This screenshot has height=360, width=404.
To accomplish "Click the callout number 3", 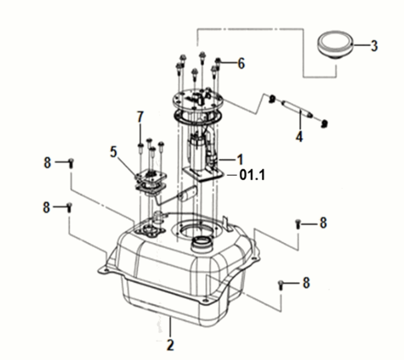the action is point(374,46).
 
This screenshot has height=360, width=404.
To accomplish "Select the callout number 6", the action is point(241,64).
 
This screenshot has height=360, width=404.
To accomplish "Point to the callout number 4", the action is point(299,136).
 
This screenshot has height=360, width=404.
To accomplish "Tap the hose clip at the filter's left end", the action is point(272,98).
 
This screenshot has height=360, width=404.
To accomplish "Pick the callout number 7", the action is point(140,117).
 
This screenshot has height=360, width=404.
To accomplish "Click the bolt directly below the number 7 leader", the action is point(141,148).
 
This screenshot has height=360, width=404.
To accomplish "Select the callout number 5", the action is point(114,152).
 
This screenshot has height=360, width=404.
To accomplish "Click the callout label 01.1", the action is point(252,175).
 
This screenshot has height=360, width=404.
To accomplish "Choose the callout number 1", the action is point(240,159).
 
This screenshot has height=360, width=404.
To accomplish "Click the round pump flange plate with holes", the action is point(197,99).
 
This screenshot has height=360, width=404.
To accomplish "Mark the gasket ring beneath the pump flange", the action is point(197,116).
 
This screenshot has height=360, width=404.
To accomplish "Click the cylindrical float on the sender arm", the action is point(188,194).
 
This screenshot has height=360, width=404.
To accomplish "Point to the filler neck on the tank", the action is point(202,244).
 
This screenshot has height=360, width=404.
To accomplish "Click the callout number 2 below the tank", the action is point(170,345).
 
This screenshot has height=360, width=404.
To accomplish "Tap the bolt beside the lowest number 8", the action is point(281,285).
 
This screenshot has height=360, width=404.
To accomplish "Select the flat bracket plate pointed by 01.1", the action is point(204,174).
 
